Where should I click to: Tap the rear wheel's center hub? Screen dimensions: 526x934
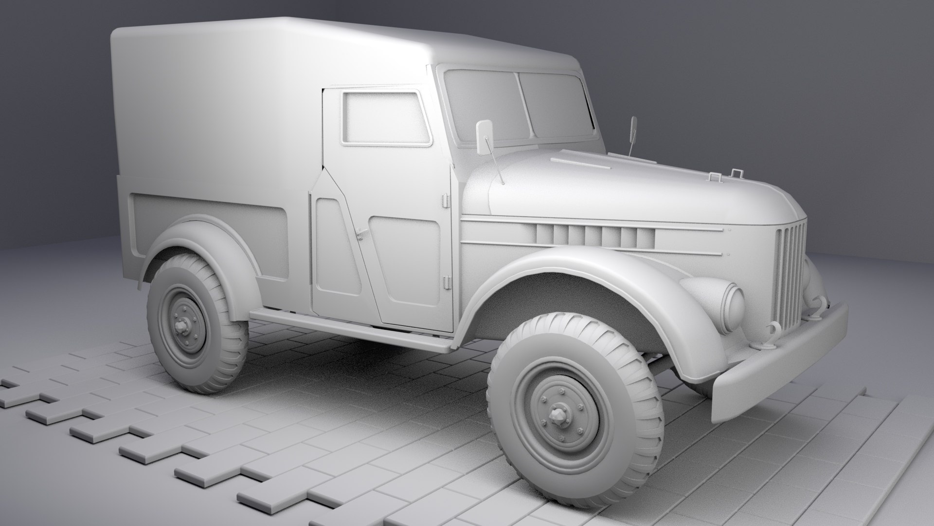coord(183,325)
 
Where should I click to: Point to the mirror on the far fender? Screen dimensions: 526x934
coord(634,130)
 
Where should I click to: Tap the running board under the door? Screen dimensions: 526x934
coord(350,329)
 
